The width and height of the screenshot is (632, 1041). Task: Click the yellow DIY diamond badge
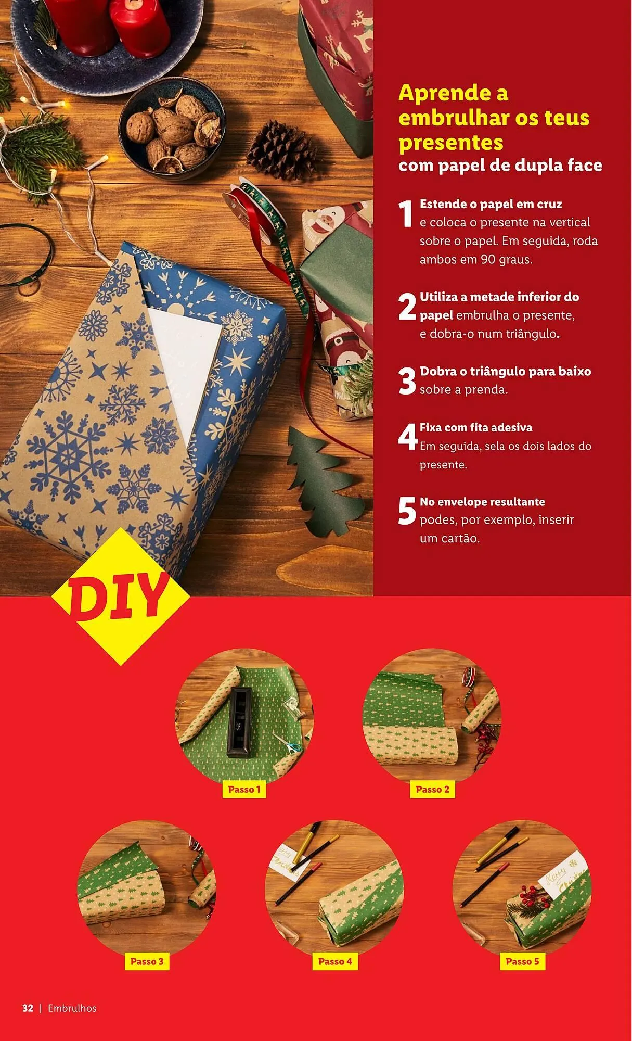click(x=121, y=596)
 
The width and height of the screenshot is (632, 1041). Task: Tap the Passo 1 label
click(x=244, y=789)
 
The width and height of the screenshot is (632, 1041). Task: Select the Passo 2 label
click(x=432, y=789)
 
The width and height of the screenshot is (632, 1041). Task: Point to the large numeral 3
click(x=407, y=381)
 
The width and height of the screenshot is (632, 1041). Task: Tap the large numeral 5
click(x=407, y=511)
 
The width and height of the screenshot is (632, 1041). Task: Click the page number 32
click(x=28, y=1008)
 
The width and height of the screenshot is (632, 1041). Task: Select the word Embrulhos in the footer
click(x=72, y=1008)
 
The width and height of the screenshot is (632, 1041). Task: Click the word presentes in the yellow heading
click(x=451, y=143)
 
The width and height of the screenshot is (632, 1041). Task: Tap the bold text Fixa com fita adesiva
click(x=476, y=427)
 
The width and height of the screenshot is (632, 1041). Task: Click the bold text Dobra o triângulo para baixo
click(x=505, y=371)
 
